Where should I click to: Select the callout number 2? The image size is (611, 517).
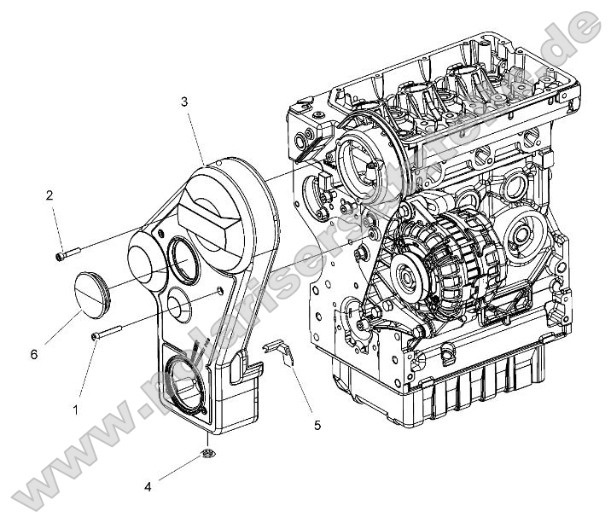(50, 195)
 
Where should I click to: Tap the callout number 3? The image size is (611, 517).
(184, 102)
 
